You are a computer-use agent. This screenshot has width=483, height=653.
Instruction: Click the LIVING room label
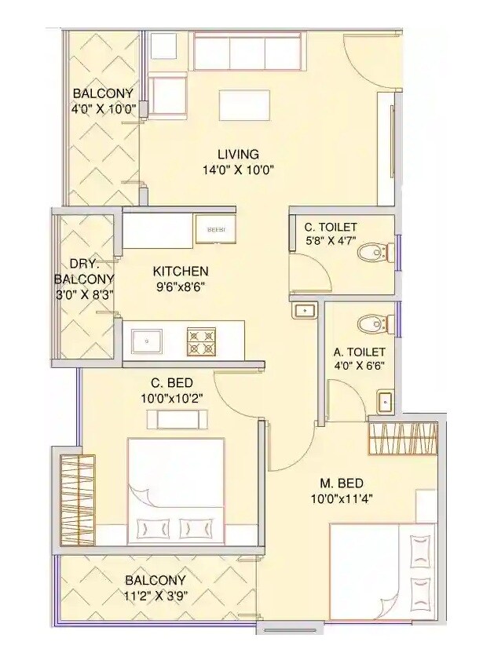point(238,154)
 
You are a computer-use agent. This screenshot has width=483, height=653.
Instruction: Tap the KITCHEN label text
point(181,271)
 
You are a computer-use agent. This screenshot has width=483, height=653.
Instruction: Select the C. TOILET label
point(331,228)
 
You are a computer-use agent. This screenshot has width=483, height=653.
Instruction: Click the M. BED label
point(341,483)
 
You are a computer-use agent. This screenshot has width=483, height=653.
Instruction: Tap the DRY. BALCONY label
point(84,271)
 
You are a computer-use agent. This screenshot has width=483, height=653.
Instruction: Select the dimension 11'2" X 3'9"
point(155,594)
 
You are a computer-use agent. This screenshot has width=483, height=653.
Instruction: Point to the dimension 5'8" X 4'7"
point(331,243)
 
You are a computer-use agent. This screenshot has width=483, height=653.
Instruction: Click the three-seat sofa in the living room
point(247,53)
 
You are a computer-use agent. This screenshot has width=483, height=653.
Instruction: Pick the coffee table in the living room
point(240,104)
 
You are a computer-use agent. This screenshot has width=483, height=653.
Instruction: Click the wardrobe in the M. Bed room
point(402,439)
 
